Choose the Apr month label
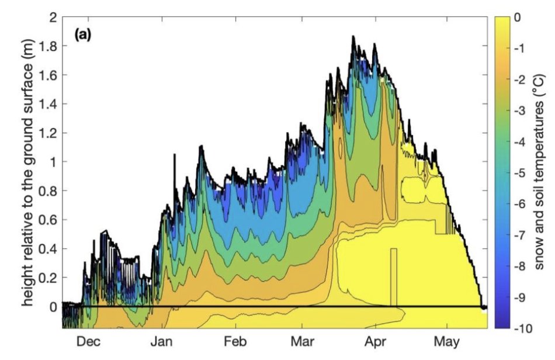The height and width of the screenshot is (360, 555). [377, 342]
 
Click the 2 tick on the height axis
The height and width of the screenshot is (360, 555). [54, 18]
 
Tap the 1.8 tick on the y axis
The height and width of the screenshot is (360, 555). [49, 46]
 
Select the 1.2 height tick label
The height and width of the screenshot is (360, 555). [49, 133]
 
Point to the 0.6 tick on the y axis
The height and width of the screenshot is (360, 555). [49, 220]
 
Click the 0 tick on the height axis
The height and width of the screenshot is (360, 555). [54, 307]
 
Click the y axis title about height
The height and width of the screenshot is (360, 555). [27, 175]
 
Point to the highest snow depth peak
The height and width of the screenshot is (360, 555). [353, 37]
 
